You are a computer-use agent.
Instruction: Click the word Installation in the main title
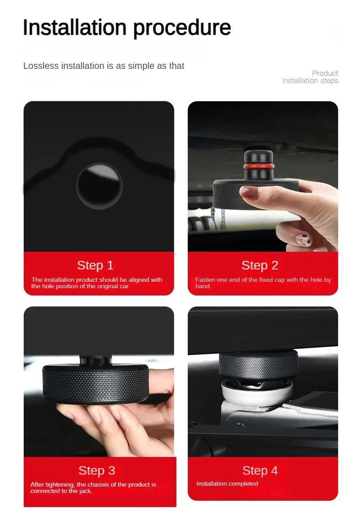[75, 27]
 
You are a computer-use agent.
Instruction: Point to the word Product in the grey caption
[325, 73]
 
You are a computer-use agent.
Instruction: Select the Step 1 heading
[96, 265]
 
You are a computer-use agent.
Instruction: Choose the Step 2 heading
[260, 265]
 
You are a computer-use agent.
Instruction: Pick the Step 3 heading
[97, 471]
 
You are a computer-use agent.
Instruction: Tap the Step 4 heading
[260, 471]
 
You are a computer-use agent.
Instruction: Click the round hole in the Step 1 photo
[99, 186]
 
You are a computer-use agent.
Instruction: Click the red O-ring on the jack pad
[258, 166]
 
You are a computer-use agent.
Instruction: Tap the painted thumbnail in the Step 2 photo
[303, 239]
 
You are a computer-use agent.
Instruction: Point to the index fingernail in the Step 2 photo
[248, 192]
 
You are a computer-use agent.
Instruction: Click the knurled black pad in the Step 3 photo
[96, 383]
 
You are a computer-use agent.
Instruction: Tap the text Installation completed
[227, 483]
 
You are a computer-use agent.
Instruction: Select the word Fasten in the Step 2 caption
[204, 280]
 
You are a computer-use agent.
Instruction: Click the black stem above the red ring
[258, 157]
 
